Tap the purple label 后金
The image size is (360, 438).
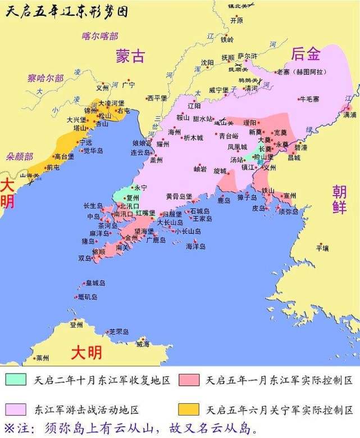coord(306,55)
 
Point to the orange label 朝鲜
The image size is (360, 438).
coord(339,198)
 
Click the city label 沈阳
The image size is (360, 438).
coord(207,62)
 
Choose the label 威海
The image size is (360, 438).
coord(143,344)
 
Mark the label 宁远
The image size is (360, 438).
coord(85,142)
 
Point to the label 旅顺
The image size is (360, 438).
coord(98,251)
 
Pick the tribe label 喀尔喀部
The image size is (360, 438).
coord(99,36)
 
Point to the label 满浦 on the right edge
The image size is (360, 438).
coord(349,114)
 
